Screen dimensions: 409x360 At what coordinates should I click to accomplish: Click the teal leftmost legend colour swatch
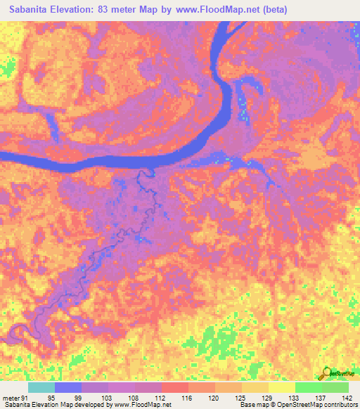(41, 387)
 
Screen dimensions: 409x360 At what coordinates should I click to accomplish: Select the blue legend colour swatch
(68, 387)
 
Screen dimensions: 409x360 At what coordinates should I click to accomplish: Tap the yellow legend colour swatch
(282, 387)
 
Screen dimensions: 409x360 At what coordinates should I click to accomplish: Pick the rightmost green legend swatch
(335, 387)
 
